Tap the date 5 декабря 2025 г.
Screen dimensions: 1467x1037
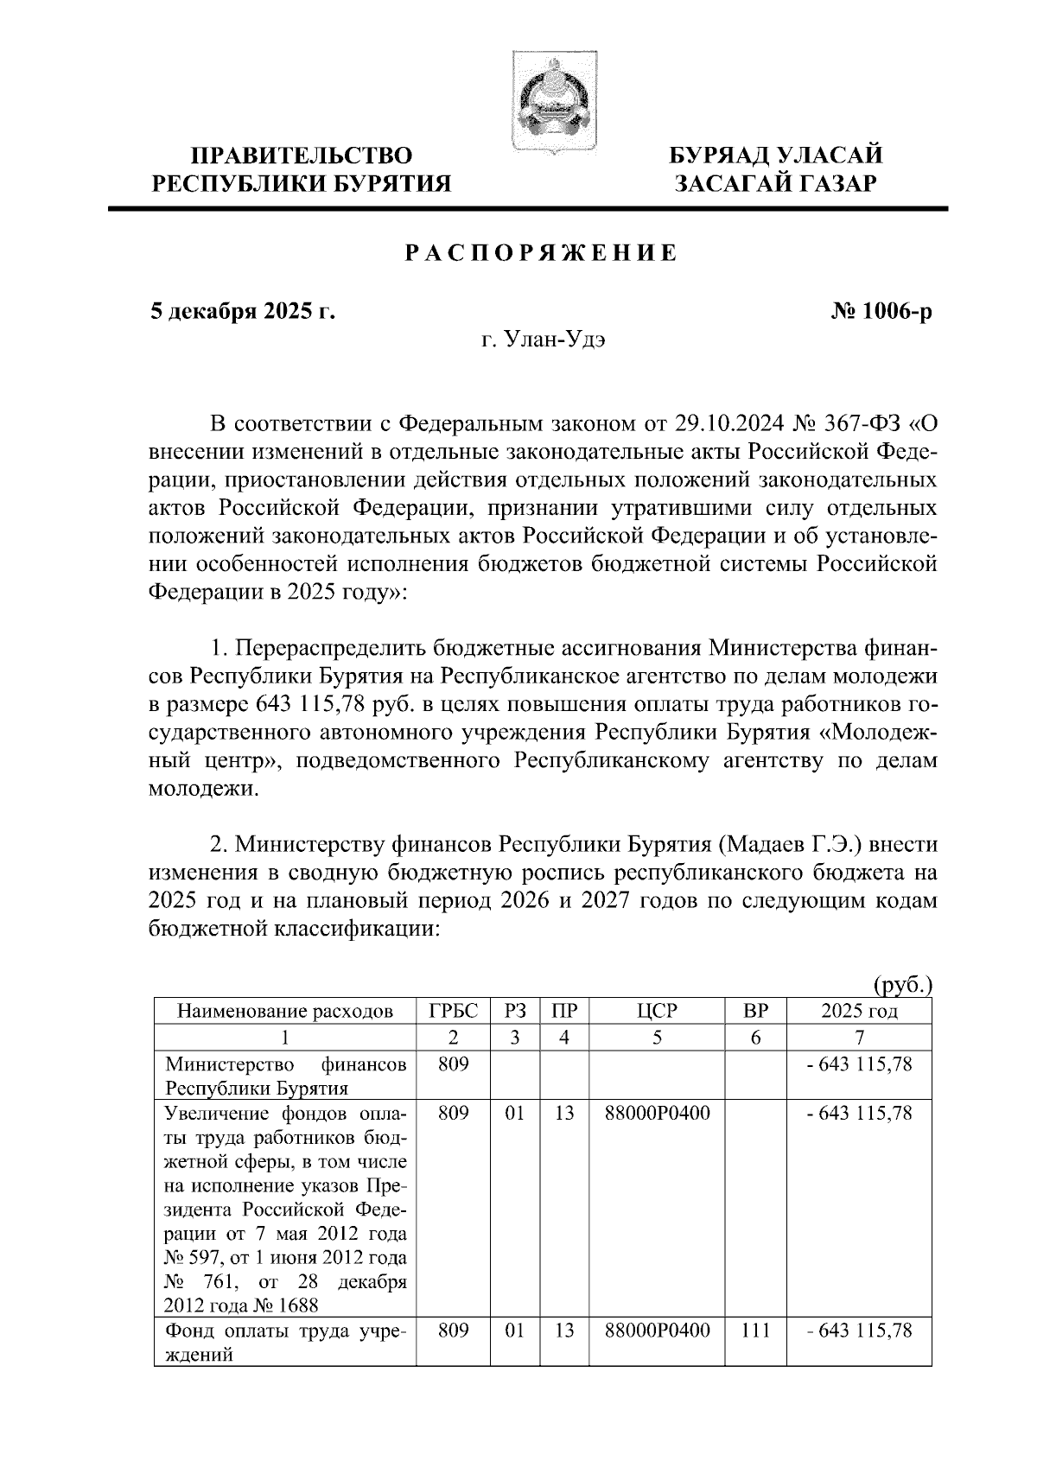coord(242,311)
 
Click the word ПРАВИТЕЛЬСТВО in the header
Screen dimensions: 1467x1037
coord(302,156)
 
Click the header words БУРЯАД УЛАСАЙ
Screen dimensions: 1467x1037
coord(778,156)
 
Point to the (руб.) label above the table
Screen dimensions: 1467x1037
coord(902,984)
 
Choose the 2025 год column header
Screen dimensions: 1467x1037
coord(859,1011)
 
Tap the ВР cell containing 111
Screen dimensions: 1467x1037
coord(755,1331)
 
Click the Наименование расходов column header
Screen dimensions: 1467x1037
coord(285,1011)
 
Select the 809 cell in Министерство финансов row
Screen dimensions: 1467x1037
coord(453,1065)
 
